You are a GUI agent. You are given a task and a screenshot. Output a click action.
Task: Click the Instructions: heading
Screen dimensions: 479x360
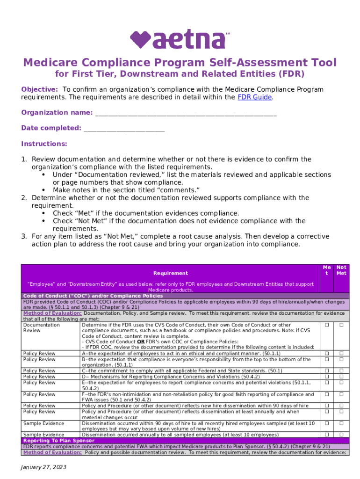[x=44, y=144]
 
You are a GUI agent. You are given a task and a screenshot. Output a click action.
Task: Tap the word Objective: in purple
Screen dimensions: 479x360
[x=40, y=89]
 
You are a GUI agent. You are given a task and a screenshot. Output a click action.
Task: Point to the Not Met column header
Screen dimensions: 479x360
[x=341, y=270]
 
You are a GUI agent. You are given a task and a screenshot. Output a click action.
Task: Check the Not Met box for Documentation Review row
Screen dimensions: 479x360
[x=341, y=325]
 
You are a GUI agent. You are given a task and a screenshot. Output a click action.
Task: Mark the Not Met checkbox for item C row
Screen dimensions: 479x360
[x=341, y=371]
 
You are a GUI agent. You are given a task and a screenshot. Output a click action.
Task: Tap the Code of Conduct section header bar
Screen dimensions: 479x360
[x=93, y=296]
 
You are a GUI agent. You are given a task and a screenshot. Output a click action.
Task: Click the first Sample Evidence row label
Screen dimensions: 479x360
[x=44, y=423]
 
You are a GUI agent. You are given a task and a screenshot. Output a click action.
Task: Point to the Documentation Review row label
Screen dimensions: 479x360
[x=42, y=327]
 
